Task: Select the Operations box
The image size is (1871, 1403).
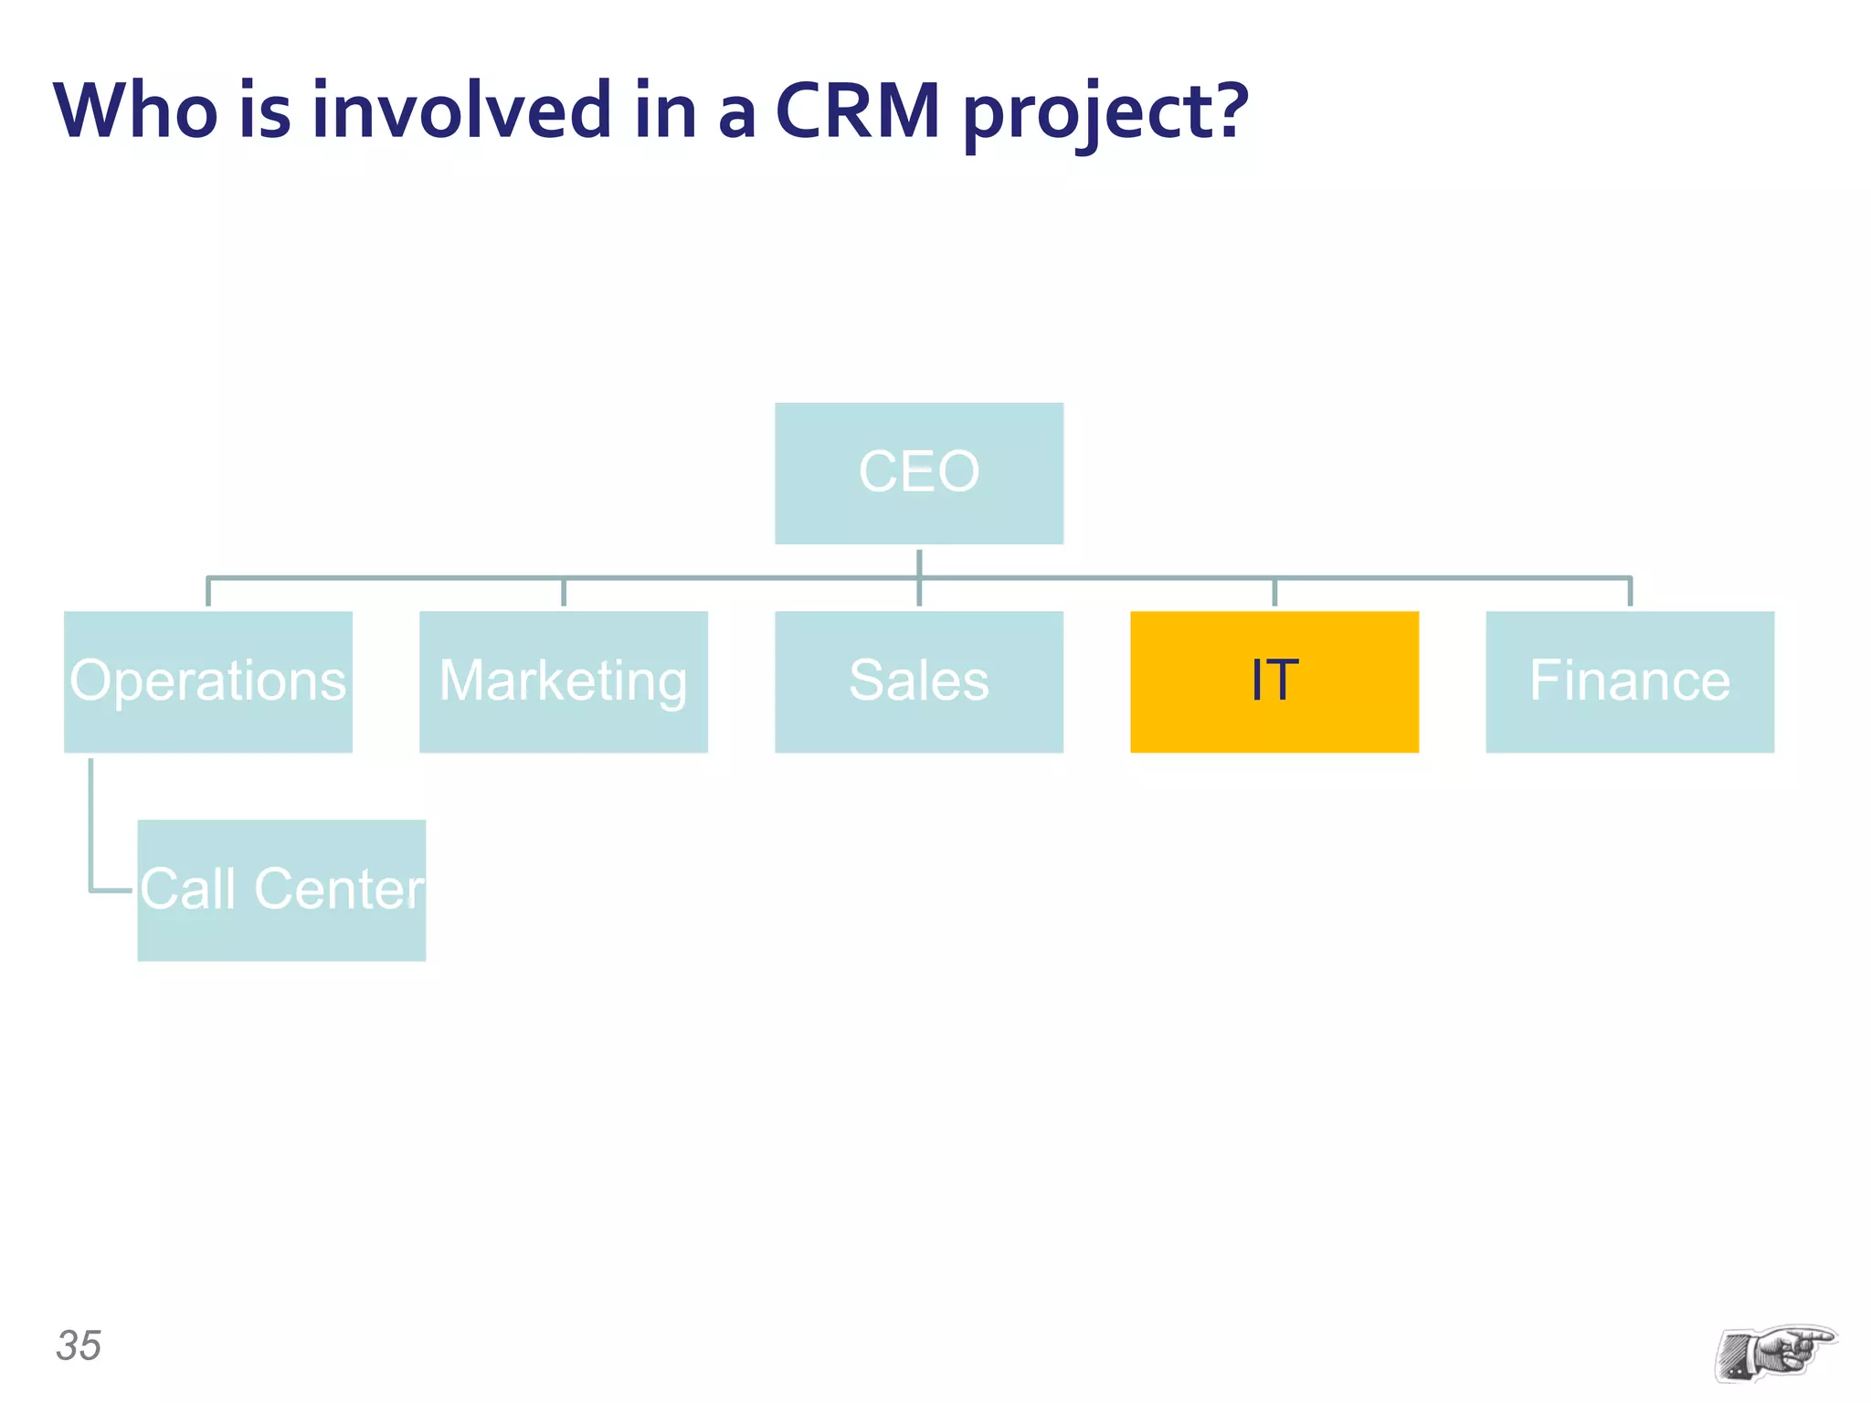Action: click(207, 681)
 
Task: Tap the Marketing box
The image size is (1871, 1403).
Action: click(563, 681)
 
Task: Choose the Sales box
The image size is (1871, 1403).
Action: click(918, 681)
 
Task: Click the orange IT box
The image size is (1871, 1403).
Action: click(1274, 681)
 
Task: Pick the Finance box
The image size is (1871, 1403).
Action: click(1629, 681)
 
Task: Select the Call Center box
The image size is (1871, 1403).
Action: click(281, 890)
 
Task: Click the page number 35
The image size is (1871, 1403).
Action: click(79, 1345)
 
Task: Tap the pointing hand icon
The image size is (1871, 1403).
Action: click(1774, 1352)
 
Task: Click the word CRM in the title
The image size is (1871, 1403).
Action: click(857, 111)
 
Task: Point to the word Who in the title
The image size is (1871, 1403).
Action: click(135, 111)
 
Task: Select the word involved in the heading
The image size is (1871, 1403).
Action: click(461, 111)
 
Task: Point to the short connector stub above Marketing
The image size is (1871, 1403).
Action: click(563, 592)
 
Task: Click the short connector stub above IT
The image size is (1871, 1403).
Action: click(1274, 592)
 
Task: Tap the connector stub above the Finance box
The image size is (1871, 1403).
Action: click(1629, 592)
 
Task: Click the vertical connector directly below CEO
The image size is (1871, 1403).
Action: click(918, 563)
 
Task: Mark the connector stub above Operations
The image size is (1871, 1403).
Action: click(208, 592)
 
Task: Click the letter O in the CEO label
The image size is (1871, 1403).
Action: click(957, 472)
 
